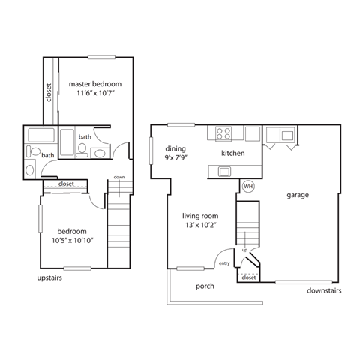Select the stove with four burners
pos(223,134)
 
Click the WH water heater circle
pos(247,187)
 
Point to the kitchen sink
pos(223,172)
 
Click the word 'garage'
pos(297,195)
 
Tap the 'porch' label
pos(205,286)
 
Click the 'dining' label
pos(175,148)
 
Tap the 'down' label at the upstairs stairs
pos(118,177)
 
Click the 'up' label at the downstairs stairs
pos(244,250)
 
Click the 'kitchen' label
pos(233,154)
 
